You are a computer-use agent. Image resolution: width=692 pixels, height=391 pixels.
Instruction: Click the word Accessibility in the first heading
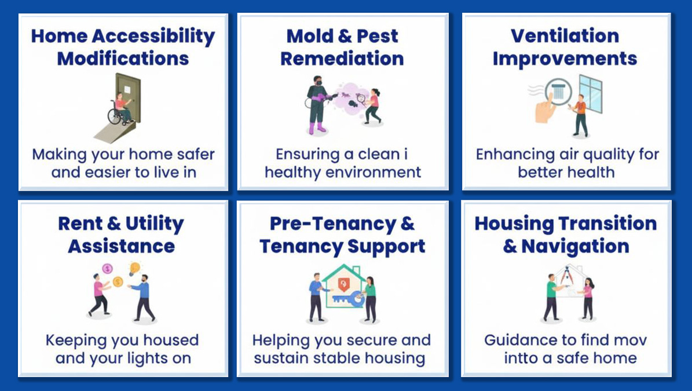pyautogui.click(x=153, y=37)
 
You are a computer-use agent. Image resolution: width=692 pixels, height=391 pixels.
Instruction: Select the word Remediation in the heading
pyautogui.click(x=342, y=59)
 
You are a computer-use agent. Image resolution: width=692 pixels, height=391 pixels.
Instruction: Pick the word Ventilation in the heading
pyautogui.click(x=565, y=36)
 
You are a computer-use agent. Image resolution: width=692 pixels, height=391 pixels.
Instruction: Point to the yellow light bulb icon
pyautogui.click(x=134, y=269)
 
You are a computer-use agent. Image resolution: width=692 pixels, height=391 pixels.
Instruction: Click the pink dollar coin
pyautogui.click(x=107, y=268)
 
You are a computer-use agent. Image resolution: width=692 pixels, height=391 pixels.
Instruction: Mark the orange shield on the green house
pyautogui.click(x=344, y=284)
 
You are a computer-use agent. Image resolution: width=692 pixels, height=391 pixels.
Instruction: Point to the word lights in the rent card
pyautogui.click(x=148, y=359)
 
